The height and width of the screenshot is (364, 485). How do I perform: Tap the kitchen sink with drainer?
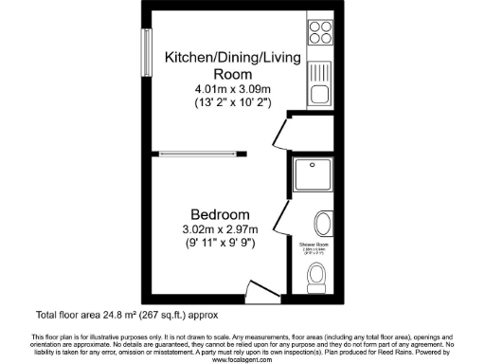(320, 72)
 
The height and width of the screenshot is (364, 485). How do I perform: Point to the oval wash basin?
(322, 225)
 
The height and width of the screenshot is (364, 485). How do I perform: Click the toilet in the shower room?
(317, 275)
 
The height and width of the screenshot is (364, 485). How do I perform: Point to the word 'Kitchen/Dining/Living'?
(232, 58)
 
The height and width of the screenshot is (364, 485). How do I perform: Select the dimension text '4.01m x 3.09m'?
(232, 89)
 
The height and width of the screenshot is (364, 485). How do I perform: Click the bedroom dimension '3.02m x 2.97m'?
(219, 228)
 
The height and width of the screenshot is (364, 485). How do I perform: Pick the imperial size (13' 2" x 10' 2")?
(232, 102)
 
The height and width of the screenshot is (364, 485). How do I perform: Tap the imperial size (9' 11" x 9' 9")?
(219, 243)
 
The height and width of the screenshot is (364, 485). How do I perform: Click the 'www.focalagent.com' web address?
(242, 359)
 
